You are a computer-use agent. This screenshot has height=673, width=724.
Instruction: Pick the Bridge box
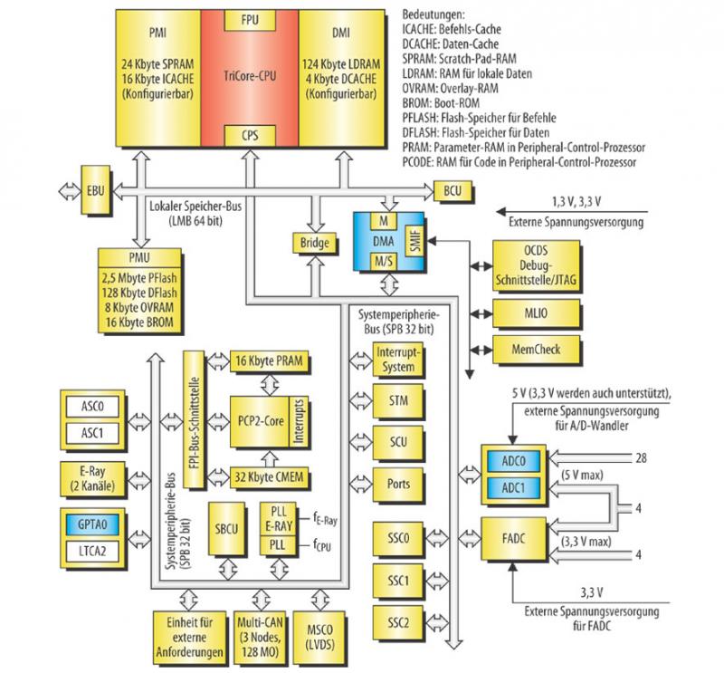click(312, 243)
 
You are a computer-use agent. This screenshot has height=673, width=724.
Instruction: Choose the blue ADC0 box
click(512, 460)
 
